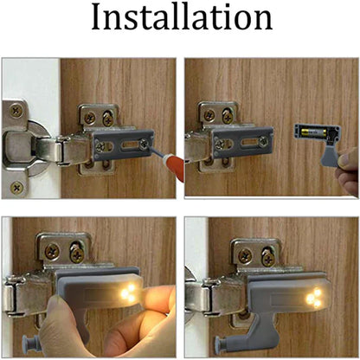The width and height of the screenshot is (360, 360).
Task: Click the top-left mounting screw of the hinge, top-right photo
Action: [209, 113]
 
